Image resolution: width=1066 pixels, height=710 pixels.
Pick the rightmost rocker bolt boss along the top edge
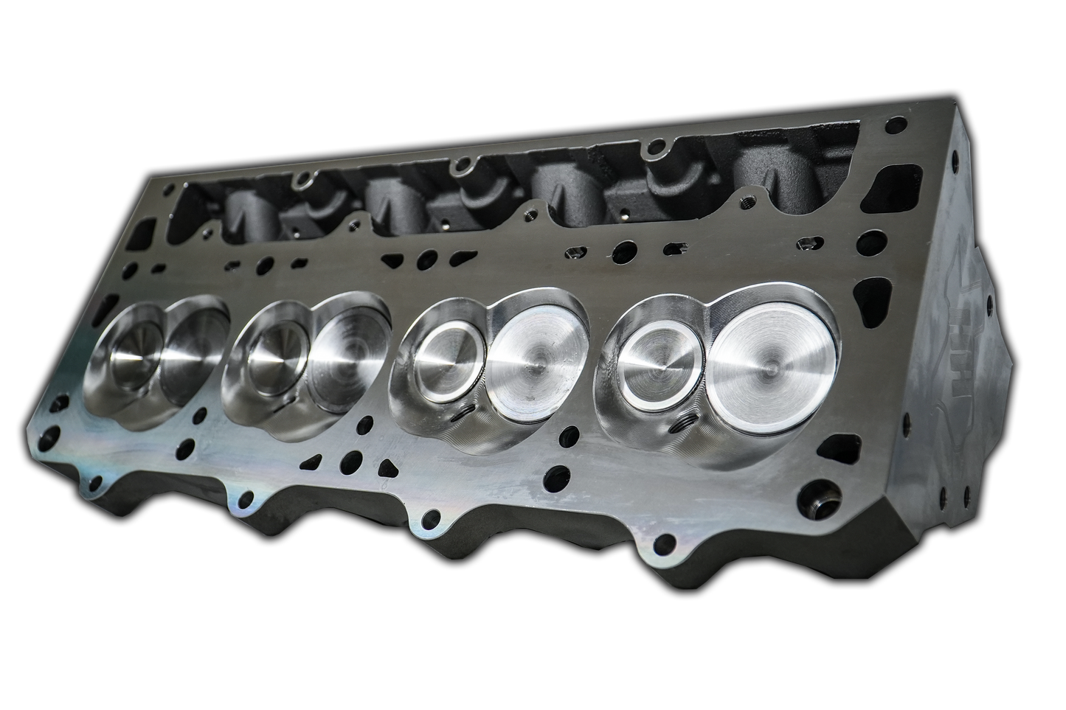[x=652, y=152]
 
